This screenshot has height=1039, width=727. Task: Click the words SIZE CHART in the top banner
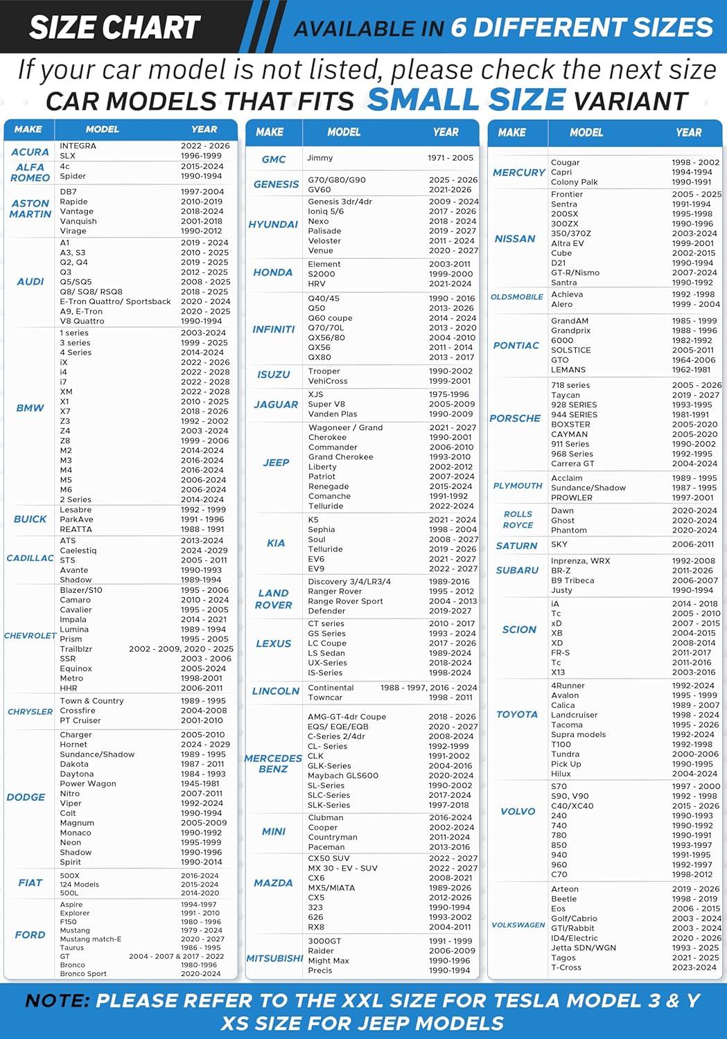coord(115,28)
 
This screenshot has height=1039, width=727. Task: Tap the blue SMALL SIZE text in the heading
coord(466,99)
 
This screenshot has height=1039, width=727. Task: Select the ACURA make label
coord(30,152)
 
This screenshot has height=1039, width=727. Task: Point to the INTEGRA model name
coord(78,146)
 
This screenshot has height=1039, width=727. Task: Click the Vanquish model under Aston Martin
coord(78,222)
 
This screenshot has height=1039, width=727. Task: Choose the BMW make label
coord(30,408)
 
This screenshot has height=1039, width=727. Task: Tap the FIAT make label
coord(30,882)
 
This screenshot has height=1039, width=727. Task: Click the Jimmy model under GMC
coord(320,158)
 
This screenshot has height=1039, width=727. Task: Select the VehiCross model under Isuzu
coord(328,381)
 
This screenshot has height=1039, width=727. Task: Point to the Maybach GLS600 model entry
coord(343,776)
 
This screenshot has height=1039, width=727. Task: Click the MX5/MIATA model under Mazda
coord(331,888)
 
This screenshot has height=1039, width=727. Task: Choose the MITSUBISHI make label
coord(275,959)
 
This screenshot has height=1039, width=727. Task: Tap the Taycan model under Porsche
coord(566,395)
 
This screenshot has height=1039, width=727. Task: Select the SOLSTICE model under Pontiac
coord(571,350)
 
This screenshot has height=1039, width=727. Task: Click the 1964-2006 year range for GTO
coord(694,360)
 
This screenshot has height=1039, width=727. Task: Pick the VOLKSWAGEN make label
coord(518,925)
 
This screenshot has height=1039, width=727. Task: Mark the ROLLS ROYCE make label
coord(518,519)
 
